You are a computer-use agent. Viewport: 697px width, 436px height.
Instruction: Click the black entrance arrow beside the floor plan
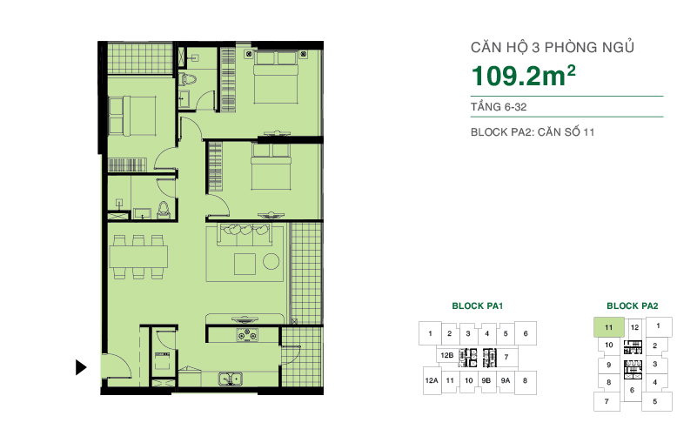point(81,366)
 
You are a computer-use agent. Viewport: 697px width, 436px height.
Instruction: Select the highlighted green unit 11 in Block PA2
point(608,328)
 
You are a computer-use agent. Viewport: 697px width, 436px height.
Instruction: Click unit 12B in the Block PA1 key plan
point(447,357)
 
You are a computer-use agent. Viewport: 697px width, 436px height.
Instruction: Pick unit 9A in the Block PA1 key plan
point(506,380)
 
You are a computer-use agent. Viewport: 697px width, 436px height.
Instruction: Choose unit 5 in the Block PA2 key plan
point(654,402)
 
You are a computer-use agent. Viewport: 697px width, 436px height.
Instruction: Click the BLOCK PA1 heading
point(478,306)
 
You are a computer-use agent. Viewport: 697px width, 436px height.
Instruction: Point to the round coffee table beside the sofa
point(271,261)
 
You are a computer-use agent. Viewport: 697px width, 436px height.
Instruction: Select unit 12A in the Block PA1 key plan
point(431,380)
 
